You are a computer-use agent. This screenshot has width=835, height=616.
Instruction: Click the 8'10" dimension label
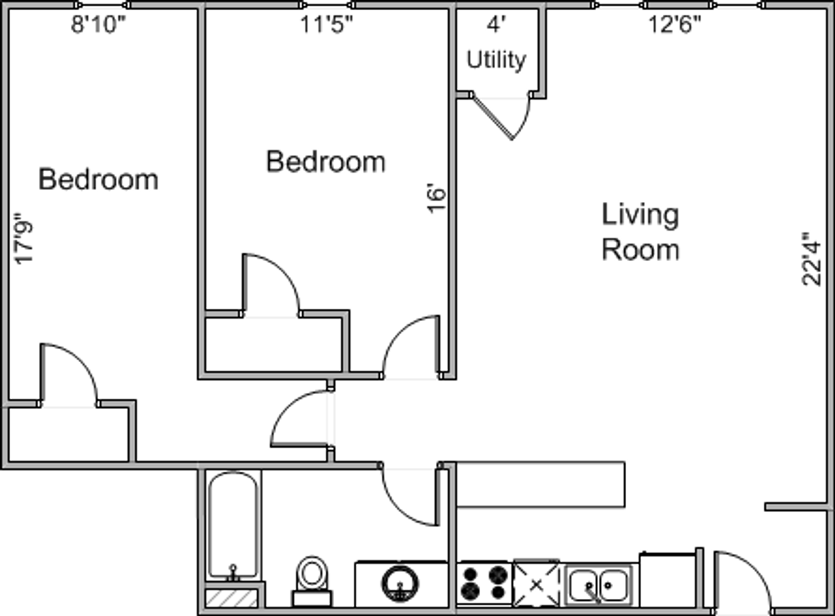pos(99,25)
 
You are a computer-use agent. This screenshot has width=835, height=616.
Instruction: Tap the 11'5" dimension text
pos(326,25)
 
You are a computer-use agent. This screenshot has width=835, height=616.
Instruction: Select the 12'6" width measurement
pos(675,25)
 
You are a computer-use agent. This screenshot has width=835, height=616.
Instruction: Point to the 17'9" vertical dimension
pos(23,238)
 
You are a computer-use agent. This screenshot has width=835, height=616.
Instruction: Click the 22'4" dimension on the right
pos(811,259)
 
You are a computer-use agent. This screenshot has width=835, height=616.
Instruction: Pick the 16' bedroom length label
pos(436,198)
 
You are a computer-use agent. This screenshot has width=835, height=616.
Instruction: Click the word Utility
pos(496,60)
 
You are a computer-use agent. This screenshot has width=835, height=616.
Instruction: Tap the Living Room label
pos(641,232)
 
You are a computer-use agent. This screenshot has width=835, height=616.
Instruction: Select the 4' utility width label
pos(496,25)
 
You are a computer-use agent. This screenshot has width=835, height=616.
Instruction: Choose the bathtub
pos(233,526)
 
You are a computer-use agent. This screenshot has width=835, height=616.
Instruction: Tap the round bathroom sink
pos(400,584)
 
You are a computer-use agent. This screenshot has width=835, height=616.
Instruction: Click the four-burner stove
pos(484,583)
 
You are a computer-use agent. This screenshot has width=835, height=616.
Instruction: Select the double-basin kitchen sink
pos(599,585)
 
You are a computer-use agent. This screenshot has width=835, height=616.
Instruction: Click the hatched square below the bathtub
pos(232,598)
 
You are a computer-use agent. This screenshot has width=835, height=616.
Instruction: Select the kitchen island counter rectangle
pos(541,485)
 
